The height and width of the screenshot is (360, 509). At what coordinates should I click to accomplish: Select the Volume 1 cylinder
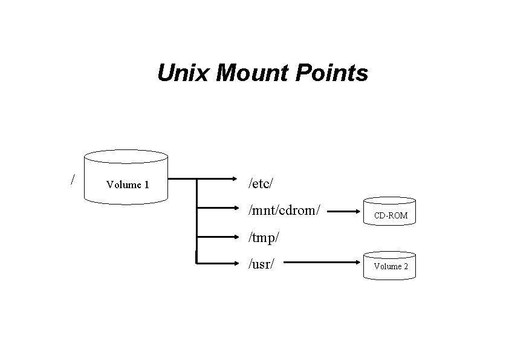point(126,175)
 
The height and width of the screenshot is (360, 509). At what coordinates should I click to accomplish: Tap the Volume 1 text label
point(128,185)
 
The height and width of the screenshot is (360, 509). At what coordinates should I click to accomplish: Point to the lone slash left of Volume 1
point(73,179)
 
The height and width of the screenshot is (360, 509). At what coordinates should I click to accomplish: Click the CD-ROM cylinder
point(390,212)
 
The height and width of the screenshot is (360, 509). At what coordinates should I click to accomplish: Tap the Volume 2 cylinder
point(390,265)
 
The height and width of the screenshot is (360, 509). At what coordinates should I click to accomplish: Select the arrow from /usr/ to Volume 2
point(320,263)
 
